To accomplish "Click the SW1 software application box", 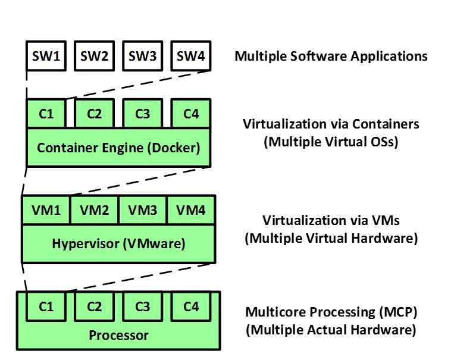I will click(x=46, y=57).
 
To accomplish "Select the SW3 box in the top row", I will click(x=142, y=57).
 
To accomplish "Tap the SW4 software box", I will click(x=190, y=57).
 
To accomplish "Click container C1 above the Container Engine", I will click(x=46, y=113).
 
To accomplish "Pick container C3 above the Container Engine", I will click(x=142, y=113).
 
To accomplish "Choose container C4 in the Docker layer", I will click(x=190, y=113).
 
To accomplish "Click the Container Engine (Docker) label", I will click(x=118, y=147).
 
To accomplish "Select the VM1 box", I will click(x=46, y=209).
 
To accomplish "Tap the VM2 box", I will click(x=95, y=209).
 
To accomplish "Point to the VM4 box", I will click(x=191, y=209).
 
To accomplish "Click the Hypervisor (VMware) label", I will click(x=118, y=243).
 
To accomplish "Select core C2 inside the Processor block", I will click(x=95, y=307).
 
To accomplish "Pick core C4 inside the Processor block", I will click(x=190, y=307).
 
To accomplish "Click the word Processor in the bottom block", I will click(x=118, y=335).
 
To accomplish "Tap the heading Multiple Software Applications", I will click(x=331, y=57).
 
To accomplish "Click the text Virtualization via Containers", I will click(x=331, y=124).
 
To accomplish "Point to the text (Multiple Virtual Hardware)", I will click(x=331, y=238).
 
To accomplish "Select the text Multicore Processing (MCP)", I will click(x=331, y=312).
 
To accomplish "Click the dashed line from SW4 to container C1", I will click(x=137, y=85).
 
